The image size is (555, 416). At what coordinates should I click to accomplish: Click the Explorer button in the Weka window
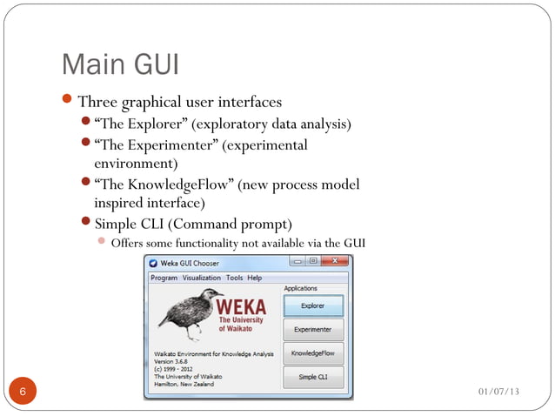313,306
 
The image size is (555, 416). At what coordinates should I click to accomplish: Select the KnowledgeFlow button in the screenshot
313,353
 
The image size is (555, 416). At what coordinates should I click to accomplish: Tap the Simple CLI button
313,377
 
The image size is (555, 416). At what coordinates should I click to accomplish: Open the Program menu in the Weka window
164,278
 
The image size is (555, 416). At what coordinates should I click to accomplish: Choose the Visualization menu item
202,278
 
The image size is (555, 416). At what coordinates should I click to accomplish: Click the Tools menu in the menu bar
234,278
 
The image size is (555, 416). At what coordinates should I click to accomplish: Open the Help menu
254,278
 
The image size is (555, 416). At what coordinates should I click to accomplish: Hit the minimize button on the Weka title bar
298,262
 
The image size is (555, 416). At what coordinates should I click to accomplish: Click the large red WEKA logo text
243,307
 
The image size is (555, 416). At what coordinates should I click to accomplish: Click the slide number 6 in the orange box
22,393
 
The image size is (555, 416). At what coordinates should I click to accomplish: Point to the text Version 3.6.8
168,361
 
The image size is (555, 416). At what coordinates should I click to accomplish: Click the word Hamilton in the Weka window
162,384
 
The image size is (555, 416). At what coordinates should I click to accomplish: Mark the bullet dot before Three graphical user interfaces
70,103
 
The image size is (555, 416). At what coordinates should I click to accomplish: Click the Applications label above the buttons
301,288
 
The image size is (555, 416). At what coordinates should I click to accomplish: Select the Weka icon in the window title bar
153,263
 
